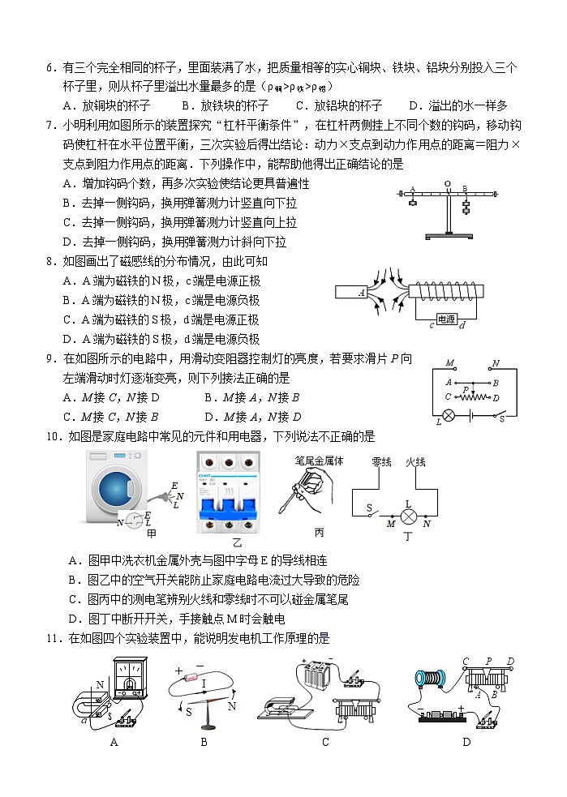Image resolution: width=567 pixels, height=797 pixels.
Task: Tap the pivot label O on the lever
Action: pyautogui.click(x=446, y=184)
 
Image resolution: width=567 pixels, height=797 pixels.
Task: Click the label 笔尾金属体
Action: pyautogui.click(x=318, y=461)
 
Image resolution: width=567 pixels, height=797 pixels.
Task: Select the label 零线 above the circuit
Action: pyautogui.click(x=381, y=461)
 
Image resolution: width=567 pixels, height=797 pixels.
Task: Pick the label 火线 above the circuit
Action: pyautogui.click(x=415, y=461)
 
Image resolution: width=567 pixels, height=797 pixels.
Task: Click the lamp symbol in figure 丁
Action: pyautogui.click(x=410, y=512)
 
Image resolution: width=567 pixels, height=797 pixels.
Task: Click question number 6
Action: pyautogui.click(x=50, y=68)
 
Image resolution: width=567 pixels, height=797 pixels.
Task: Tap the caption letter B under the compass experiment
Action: pyautogui.click(x=204, y=741)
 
